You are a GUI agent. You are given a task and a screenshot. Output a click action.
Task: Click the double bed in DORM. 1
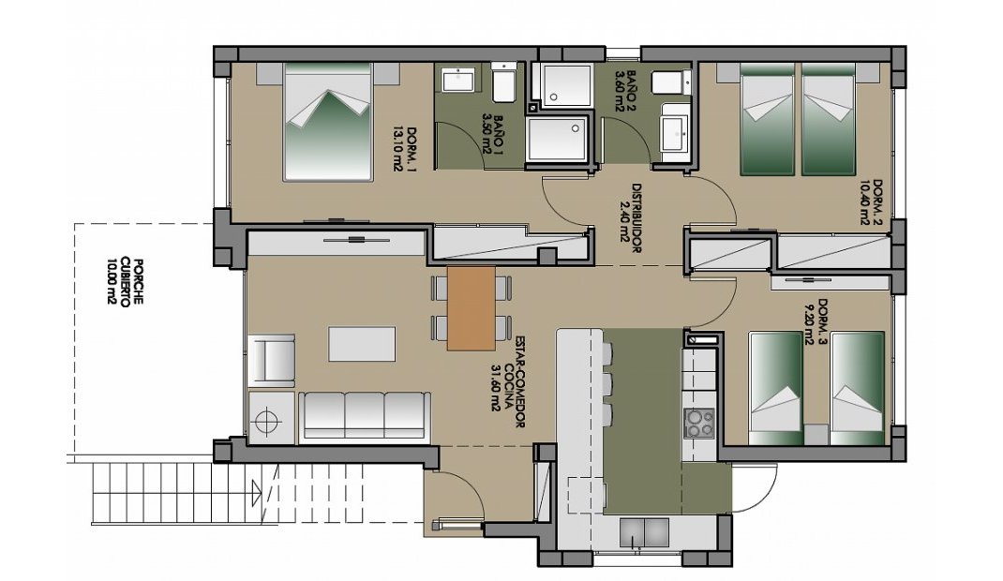328,121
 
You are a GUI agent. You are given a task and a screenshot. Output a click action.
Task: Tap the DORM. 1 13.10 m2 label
405,149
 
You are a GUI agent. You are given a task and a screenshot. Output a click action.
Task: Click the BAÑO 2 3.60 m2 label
625,92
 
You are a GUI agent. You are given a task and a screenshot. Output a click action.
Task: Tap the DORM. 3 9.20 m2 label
816,322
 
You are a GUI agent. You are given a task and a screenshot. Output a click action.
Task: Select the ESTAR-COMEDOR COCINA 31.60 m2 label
510,384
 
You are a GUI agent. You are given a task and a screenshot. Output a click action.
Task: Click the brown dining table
471,308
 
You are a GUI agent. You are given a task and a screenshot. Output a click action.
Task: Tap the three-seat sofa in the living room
365,414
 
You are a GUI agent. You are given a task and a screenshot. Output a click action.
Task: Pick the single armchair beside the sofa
271,360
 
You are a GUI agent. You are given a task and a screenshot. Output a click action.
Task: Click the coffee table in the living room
362,343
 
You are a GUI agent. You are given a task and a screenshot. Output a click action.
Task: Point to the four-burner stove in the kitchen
698,424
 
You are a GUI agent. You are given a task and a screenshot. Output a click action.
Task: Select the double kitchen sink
645,531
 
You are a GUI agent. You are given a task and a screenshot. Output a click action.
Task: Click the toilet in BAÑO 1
503,83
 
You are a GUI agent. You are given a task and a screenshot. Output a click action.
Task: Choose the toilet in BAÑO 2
669,83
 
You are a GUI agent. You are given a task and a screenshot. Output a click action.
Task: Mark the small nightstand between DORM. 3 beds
816,435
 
